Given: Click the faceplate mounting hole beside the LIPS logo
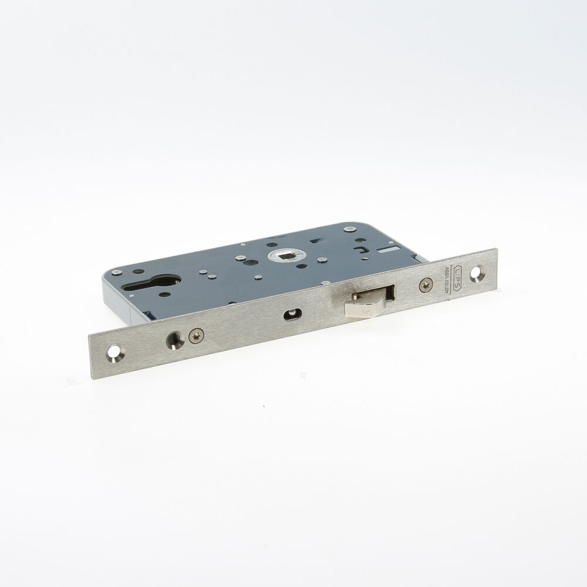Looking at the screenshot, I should tap(475, 272).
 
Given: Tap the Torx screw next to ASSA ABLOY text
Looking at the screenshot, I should tap(426, 285).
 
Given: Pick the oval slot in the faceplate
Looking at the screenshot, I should tap(291, 315).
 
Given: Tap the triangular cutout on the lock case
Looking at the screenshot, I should tap(316, 241).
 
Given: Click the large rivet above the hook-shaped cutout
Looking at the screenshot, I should tap(350, 228).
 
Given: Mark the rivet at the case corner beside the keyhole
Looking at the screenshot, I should tap(117, 272).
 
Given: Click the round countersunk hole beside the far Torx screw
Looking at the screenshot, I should tap(174, 340).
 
